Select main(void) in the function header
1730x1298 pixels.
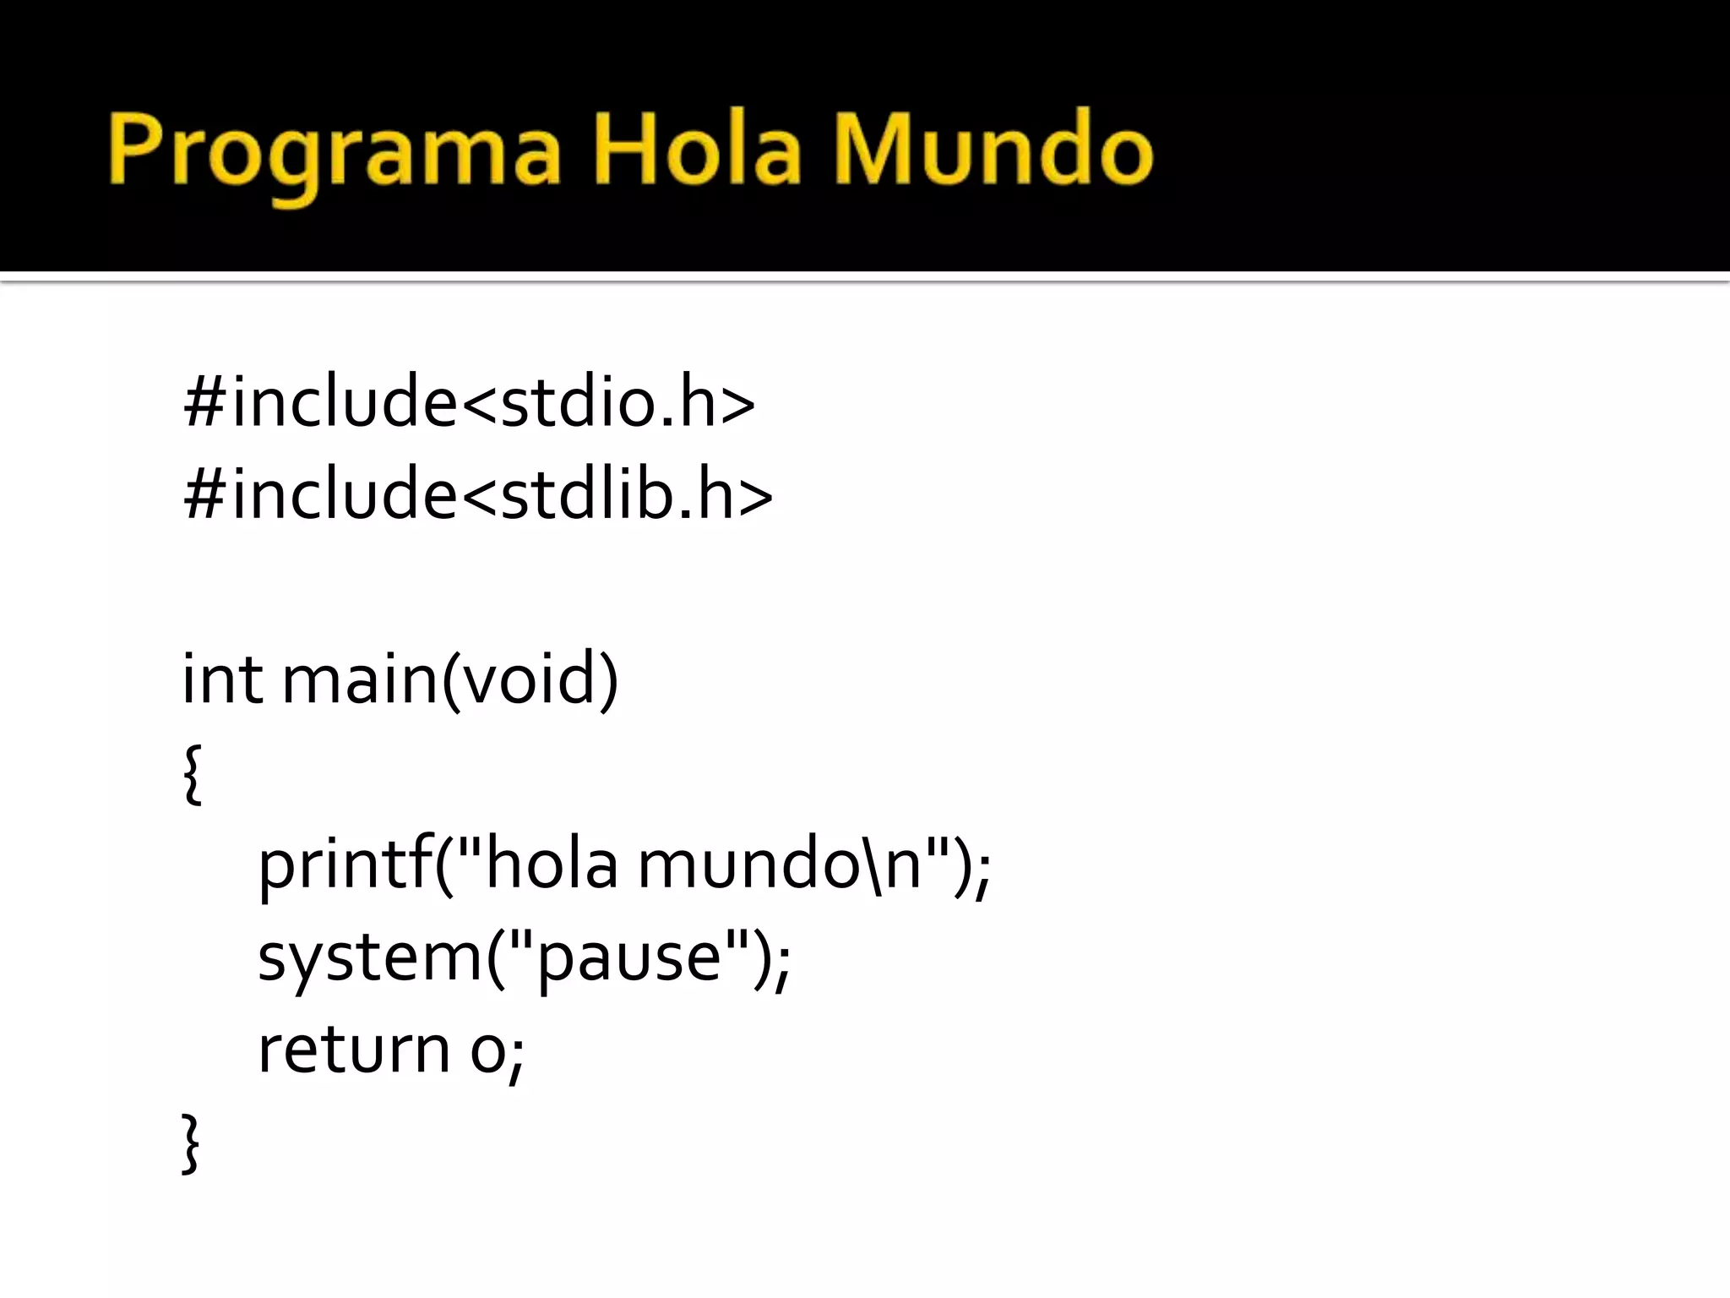pos(450,680)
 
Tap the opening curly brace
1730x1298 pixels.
pos(193,772)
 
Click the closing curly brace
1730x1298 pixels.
pos(191,1143)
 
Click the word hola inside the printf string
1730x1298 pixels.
pos(552,865)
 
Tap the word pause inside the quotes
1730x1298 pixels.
pos(629,960)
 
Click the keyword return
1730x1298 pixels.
pos(353,1050)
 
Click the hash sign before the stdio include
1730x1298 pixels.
pos(204,402)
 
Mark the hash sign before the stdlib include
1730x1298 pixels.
pos(204,494)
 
